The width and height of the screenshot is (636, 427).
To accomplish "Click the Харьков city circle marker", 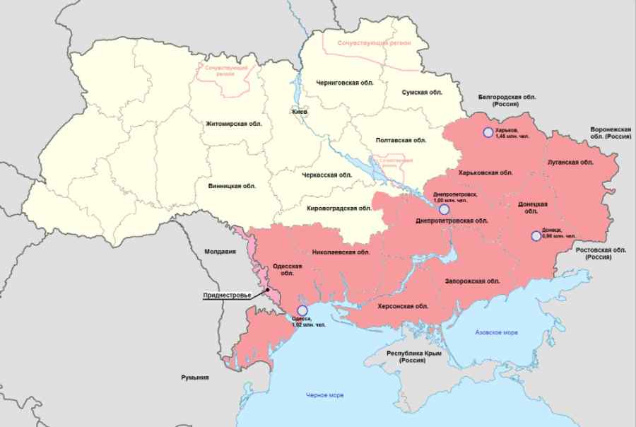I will tap(487, 132).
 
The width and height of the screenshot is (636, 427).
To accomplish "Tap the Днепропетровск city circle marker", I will tap(444, 209).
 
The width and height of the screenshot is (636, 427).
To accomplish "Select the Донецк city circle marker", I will tap(536, 236).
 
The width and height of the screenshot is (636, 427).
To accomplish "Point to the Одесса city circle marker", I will tap(302, 310).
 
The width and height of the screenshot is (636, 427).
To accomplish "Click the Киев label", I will tap(300, 112).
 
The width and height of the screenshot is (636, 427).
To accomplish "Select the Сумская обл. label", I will tap(422, 93).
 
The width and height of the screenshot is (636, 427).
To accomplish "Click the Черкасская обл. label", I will tap(326, 175).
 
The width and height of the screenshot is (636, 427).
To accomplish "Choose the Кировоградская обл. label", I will tap(338, 209).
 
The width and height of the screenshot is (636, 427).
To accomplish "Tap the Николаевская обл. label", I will tap(341, 252).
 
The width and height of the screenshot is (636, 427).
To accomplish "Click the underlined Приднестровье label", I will tap(228, 295).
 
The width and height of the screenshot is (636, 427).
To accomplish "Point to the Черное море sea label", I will tap(325, 394).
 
